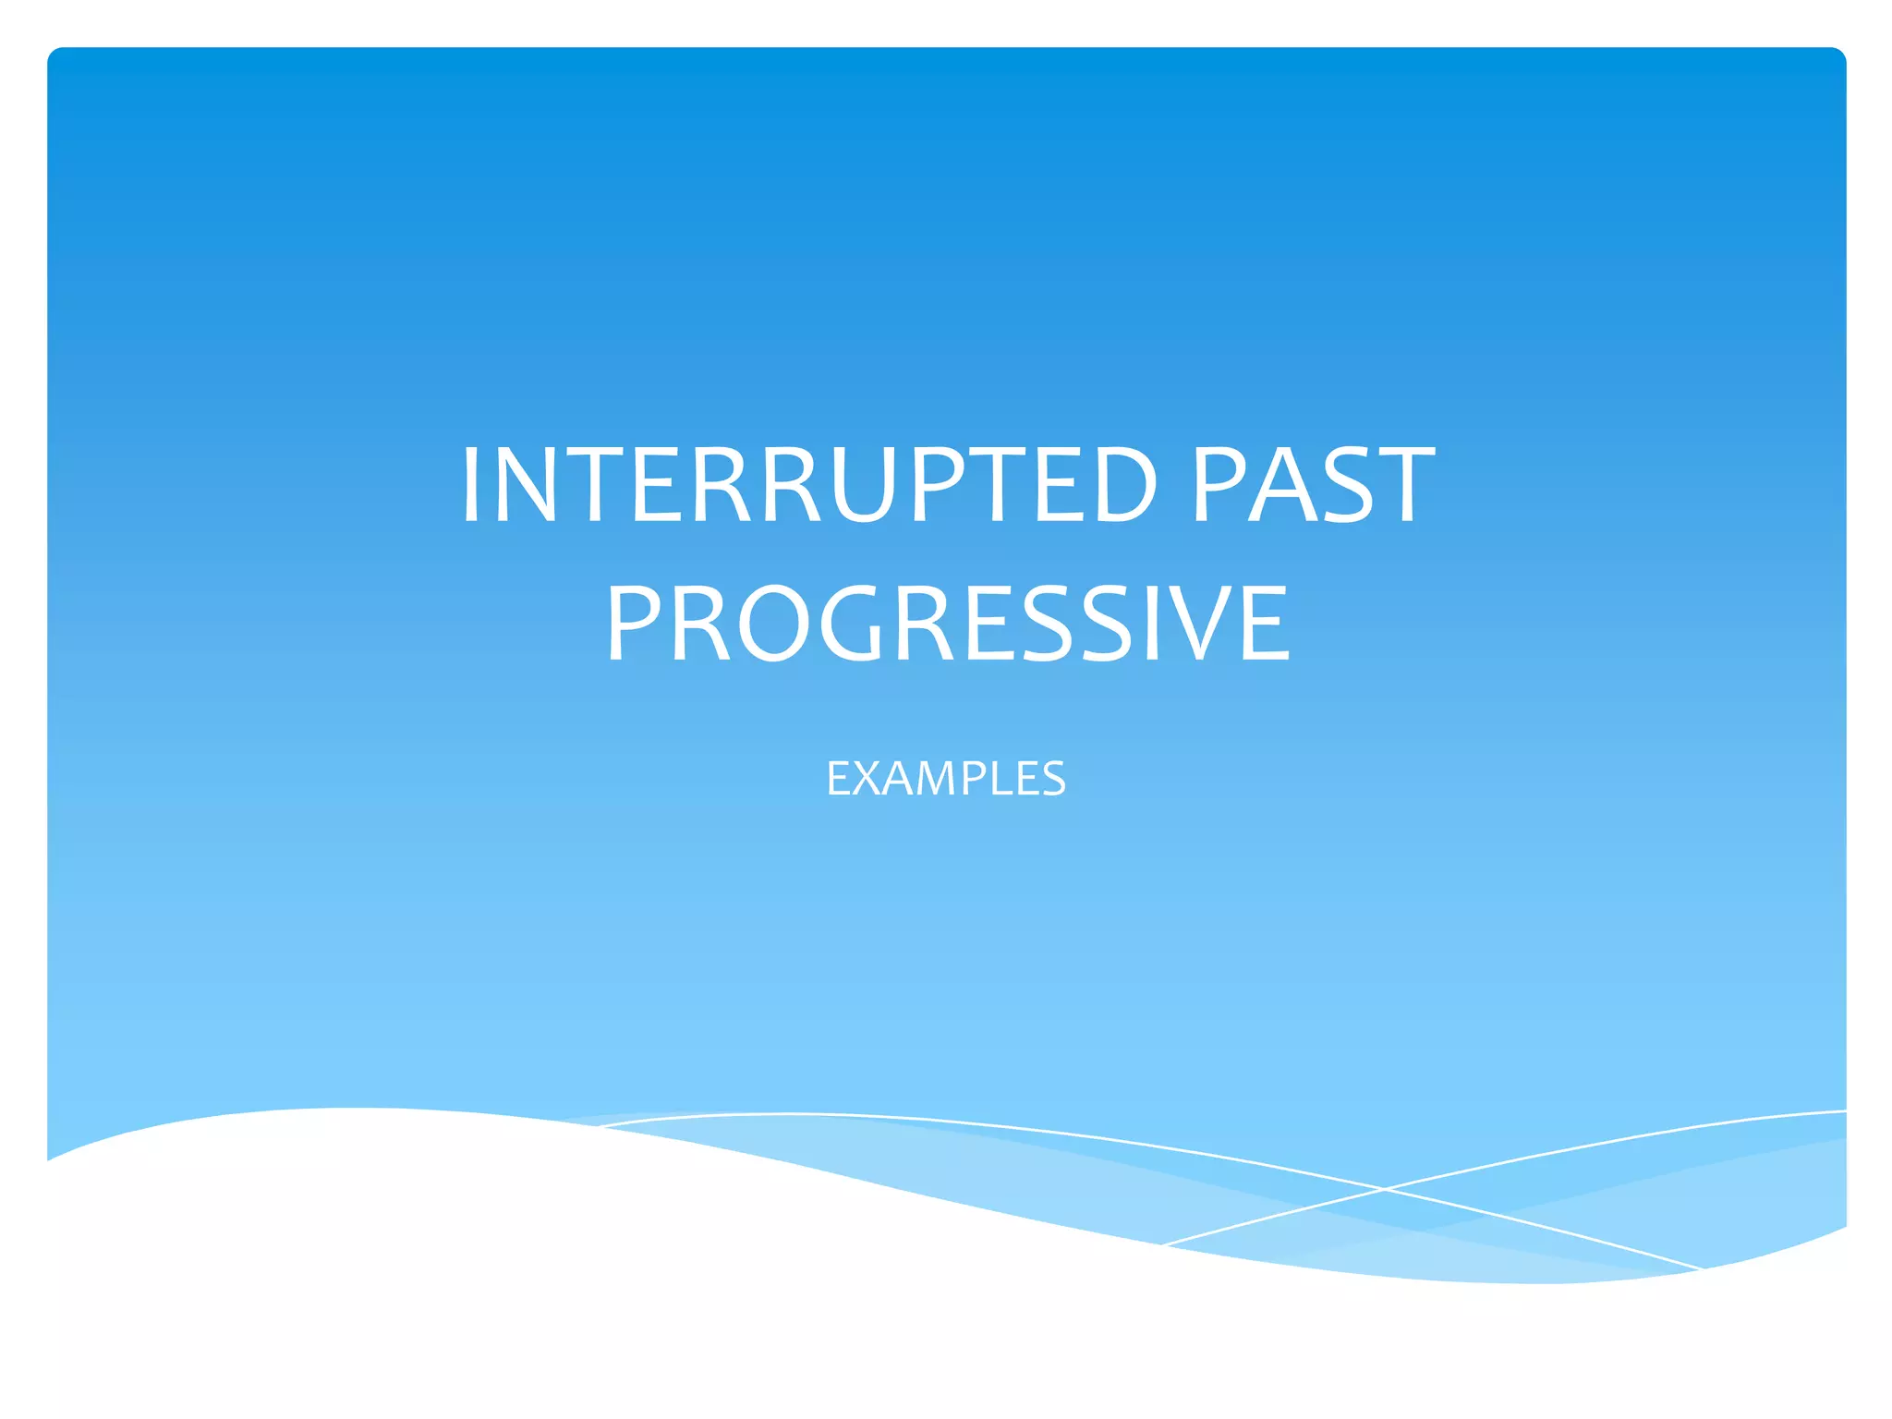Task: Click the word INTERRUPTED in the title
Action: pyautogui.click(x=808, y=485)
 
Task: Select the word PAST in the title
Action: pyautogui.click(x=1313, y=485)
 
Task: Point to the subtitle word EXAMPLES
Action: pyautogui.click(x=946, y=778)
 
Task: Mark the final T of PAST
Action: pyautogui.click(x=1401, y=485)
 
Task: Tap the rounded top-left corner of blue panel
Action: pyautogui.click(x=54, y=54)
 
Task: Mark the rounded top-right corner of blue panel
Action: pyautogui.click(x=1839, y=54)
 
